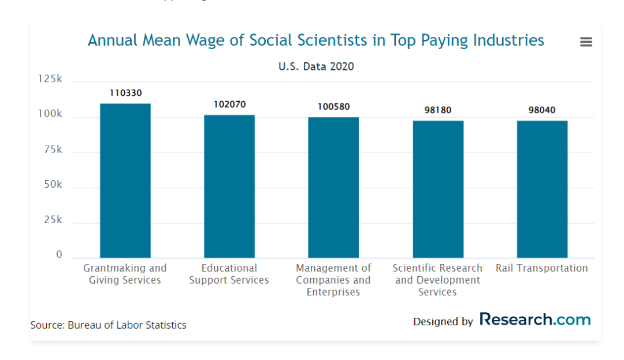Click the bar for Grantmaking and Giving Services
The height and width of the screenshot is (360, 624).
coord(125,180)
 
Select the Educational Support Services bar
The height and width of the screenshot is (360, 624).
coord(229,186)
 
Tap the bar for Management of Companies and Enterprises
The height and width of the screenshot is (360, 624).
coord(333,187)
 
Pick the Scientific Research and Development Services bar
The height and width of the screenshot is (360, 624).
coord(438,189)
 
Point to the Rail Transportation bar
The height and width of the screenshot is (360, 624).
coord(542,189)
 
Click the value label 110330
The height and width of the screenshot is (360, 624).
coord(125,93)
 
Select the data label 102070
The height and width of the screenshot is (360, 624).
coord(229,105)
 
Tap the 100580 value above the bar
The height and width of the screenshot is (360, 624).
coord(333,107)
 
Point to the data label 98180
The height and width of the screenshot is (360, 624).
coord(438,110)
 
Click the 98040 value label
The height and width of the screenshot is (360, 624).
coord(542,110)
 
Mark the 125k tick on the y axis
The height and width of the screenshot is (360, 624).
coord(50,79)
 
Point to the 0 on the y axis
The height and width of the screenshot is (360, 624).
coord(59,255)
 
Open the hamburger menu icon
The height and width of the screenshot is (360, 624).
coord(586,42)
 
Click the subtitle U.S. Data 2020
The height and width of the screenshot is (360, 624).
coord(316,66)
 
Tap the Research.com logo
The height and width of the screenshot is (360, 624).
coord(535,320)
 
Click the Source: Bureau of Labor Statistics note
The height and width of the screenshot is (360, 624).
coord(109,325)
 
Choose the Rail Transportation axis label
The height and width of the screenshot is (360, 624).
coord(542,268)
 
